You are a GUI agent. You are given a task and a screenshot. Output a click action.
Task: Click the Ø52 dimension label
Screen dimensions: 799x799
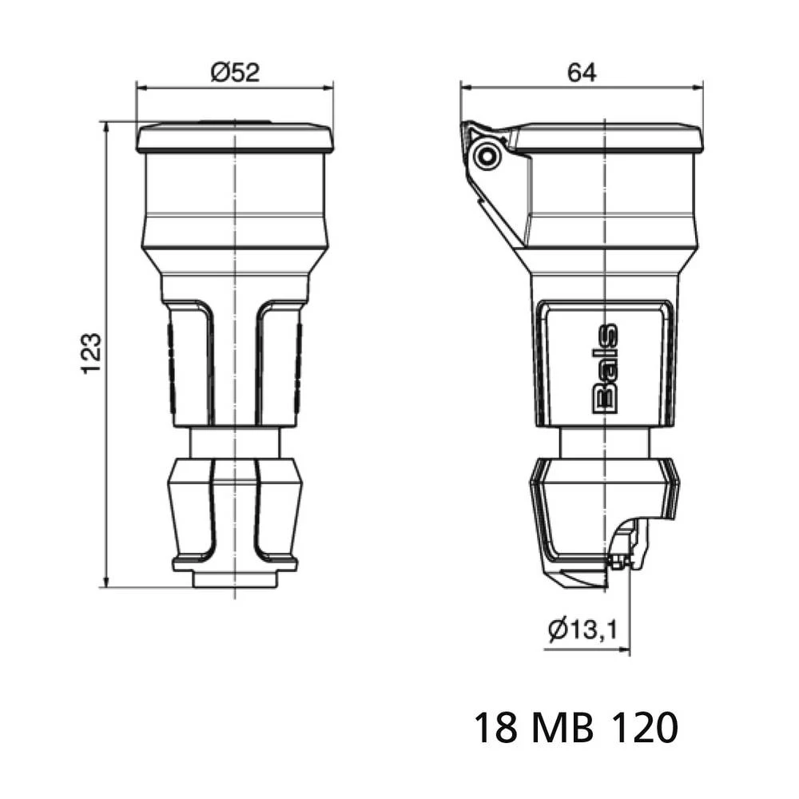coord(235,73)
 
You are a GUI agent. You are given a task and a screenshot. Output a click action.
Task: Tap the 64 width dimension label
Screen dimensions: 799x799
coord(582,73)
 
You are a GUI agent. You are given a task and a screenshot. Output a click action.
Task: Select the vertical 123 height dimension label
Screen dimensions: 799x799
coord(91,353)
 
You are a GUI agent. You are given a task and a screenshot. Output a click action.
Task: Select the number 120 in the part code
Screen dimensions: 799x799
coord(645,728)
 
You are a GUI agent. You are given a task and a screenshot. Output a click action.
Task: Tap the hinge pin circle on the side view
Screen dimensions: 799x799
coord(485,155)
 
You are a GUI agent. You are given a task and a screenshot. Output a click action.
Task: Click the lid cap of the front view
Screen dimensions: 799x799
coord(235,138)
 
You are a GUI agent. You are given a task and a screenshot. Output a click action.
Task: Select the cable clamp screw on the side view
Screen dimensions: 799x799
coord(618,562)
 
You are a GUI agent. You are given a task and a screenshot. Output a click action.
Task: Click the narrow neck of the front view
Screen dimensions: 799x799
coord(235,442)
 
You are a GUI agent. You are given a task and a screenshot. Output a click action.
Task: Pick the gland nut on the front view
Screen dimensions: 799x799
coord(235,515)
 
